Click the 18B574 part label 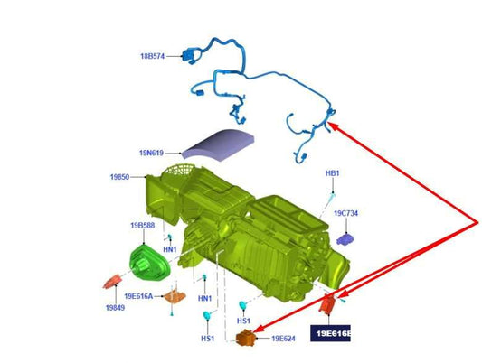[x=153, y=56]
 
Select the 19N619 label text [x=151, y=153]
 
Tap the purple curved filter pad [x=218, y=144]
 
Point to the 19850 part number [x=120, y=177]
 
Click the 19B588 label [x=143, y=226]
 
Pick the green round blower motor [x=149, y=263]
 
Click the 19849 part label [x=115, y=307]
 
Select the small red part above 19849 [x=112, y=282]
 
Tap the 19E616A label [x=138, y=296]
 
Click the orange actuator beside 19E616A [x=175, y=296]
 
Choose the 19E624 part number [x=283, y=339]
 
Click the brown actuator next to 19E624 [x=245, y=338]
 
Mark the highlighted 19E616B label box [x=330, y=333]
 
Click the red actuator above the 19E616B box [x=327, y=303]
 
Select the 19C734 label [x=345, y=213]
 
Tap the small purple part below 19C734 [x=345, y=239]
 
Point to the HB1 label [x=332, y=173]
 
